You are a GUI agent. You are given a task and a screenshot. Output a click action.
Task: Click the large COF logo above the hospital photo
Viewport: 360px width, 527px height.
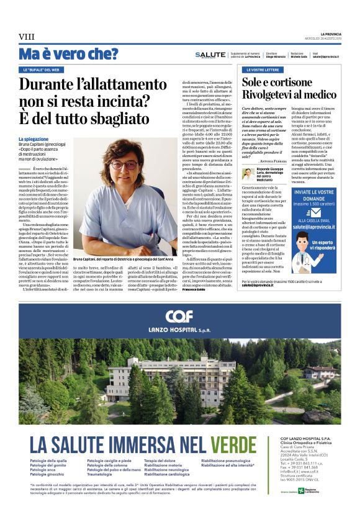point(179,315)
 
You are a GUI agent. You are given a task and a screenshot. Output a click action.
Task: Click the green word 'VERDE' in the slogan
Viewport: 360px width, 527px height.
point(232,444)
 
